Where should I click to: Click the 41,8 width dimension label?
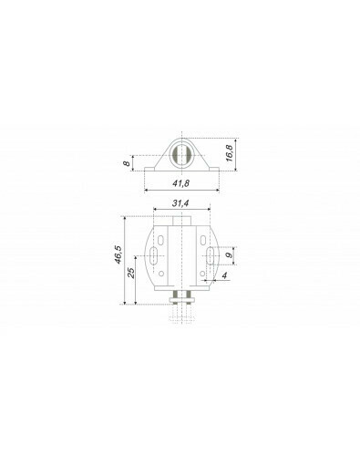(180, 183)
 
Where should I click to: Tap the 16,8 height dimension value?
(230, 153)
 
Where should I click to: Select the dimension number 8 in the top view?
(127, 163)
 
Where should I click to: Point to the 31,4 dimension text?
(180, 203)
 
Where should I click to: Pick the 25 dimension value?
(131, 273)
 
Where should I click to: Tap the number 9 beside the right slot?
(231, 254)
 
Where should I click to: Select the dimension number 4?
(224, 275)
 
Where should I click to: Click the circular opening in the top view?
(181, 156)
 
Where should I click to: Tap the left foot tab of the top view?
(149, 169)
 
